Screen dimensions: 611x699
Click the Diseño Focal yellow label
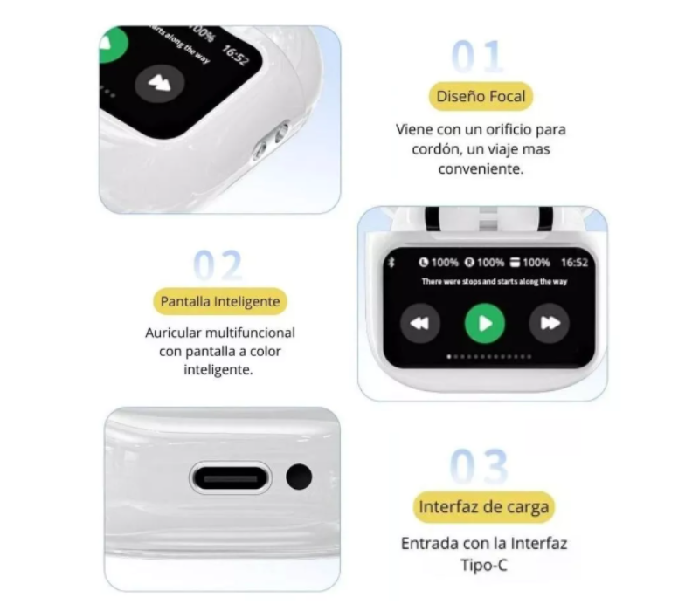coord(481,95)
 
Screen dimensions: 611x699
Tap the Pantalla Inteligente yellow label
coord(220,302)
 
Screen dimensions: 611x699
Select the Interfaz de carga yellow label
coord(484,506)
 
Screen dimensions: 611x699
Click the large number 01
coord(478,57)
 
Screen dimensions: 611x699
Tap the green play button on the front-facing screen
coord(485,324)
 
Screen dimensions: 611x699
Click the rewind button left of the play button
coord(420,324)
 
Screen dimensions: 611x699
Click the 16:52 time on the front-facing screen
coord(574,262)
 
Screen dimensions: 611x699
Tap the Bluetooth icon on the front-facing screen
coord(391,262)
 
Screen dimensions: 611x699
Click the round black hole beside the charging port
coord(299,477)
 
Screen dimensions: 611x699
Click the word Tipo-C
coord(484,565)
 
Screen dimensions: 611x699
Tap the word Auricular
coord(176,333)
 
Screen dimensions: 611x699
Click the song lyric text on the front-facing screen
coord(494,281)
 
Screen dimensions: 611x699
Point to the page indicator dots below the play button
coord(484,358)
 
